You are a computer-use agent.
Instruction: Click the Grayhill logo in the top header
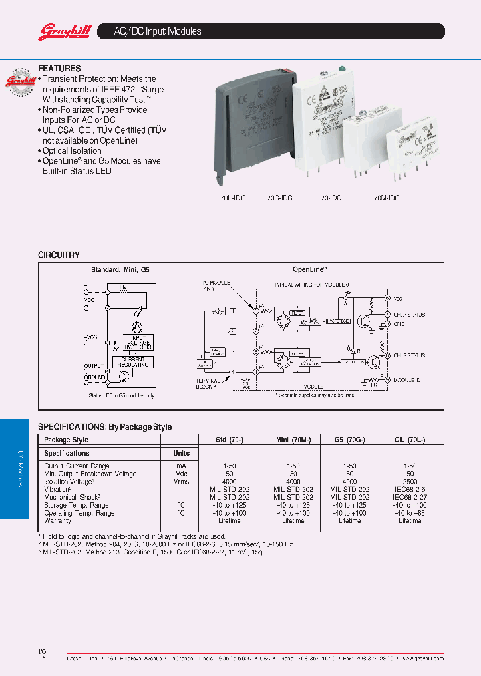[x=59, y=31]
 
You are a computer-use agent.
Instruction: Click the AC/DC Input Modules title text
[x=150, y=31]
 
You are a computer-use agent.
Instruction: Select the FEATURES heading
[x=59, y=68]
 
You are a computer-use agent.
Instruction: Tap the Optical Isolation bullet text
[x=72, y=151]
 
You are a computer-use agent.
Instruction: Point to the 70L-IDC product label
[x=234, y=198]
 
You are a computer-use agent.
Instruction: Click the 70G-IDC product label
[x=279, y=198]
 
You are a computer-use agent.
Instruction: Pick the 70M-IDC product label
[x=386, y=198]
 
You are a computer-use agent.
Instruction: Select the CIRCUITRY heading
[x=59, y=255]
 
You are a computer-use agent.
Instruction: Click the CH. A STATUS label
[x=408, y=314]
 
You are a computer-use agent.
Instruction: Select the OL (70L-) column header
[x=410, y=440]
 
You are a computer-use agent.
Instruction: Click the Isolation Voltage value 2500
[x=410, y=482]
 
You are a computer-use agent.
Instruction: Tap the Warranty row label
[x=58, y=521]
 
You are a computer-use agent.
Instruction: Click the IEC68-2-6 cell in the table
[x=410, y=490]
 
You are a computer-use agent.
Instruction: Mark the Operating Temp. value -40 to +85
[x=410, y=513]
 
